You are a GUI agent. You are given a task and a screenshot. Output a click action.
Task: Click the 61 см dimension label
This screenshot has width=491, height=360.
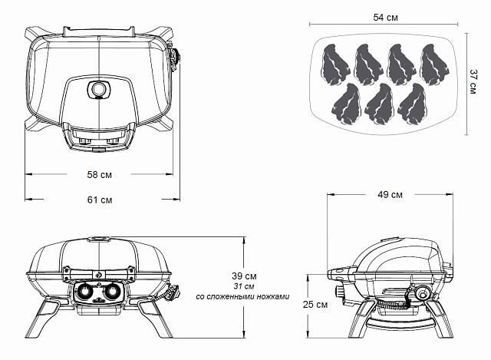tap(99, 200)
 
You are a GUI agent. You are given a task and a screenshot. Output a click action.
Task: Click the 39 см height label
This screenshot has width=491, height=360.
tap(245, 276)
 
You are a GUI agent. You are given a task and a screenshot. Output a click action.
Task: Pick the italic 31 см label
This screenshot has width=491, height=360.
tap(243, 286)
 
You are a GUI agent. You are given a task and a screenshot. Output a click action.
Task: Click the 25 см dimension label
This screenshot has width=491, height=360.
tap(315, 305)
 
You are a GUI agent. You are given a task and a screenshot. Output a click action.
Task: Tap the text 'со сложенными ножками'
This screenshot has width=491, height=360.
tap(243, 296)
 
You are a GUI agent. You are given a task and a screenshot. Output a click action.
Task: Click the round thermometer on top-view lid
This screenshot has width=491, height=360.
tap(100, 90)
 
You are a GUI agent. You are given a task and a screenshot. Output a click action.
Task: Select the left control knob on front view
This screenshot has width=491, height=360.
tap(84, 292)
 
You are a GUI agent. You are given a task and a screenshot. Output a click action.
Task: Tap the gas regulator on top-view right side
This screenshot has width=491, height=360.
tap(179, 59)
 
